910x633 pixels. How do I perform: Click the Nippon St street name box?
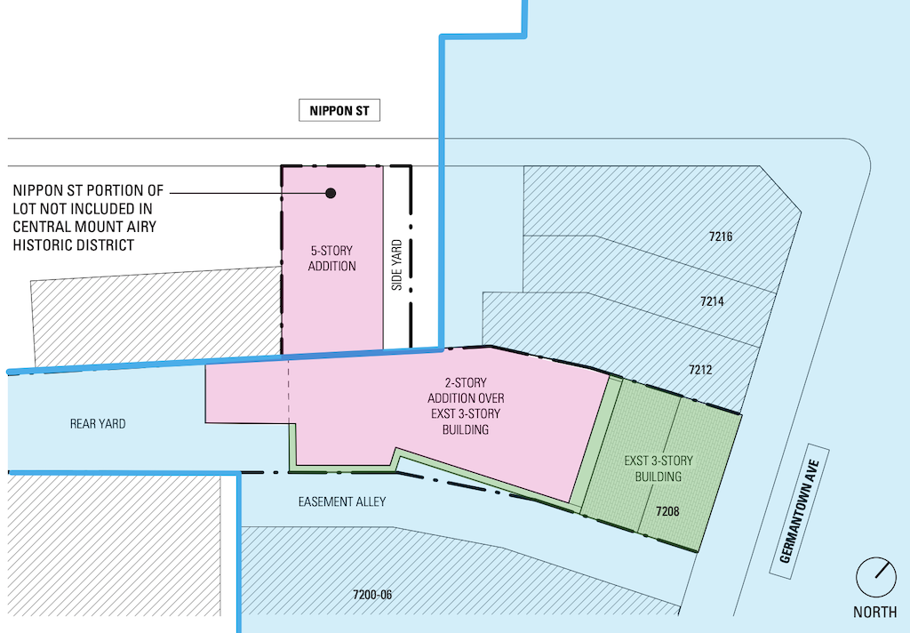coord(339,110)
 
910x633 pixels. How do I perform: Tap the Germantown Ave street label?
coord(799,511)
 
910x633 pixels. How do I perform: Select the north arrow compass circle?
coord(875,577)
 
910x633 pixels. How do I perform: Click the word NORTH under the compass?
coord(874,612)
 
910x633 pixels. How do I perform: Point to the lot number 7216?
coord(720,236)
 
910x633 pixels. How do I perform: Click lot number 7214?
coord(712,301)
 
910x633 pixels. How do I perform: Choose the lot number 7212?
coord(700,369)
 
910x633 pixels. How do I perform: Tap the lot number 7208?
coord(667,511)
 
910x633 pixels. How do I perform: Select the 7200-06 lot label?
coord(372,595)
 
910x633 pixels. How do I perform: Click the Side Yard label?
coord(397,265)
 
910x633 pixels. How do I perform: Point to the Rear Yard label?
coord(98,424)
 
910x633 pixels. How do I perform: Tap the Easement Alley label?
coord(342,501)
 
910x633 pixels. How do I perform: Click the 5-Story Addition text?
coord(332,259)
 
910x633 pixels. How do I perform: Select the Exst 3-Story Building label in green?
coord(659,469)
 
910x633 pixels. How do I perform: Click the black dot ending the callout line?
coord(331,193)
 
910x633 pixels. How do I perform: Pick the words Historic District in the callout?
coord(74,245)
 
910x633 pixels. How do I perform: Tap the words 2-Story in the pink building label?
coord(466,382)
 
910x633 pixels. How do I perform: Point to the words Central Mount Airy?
coord(84,227)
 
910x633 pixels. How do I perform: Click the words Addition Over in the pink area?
coord(466,398)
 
